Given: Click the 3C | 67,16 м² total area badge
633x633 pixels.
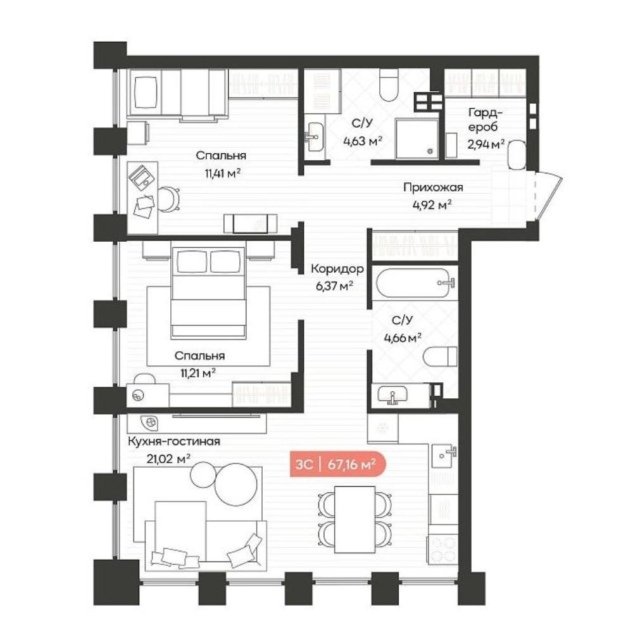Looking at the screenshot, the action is pos(338,464).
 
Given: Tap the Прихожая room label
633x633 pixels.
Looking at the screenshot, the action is pos(433,187).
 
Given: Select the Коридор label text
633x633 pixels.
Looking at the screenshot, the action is pos(337,268).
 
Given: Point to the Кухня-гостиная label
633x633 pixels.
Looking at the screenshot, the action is pos(174,441).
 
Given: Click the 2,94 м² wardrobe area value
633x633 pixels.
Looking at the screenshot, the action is pos(486,144).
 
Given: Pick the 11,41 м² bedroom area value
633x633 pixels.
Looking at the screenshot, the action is pos(222,173).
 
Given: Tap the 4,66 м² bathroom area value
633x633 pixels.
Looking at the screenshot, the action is pos(403,337).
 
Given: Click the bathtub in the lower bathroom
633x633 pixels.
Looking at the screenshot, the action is pos(415,283).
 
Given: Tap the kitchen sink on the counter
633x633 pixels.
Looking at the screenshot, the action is pos(444,456).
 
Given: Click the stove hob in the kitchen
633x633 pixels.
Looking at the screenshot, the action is pos(442,549).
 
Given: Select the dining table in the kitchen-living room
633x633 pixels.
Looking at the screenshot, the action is pos(355,520).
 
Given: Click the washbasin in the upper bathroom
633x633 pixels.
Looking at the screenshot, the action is pos(315,137).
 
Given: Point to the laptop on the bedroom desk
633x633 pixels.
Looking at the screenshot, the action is pos(141,177).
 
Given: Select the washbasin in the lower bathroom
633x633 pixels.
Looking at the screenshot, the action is pos(393,394).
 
